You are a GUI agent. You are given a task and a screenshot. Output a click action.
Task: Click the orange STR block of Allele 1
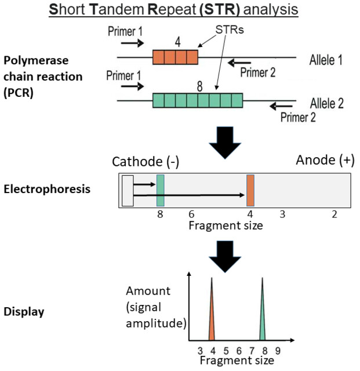(x=175, y=57)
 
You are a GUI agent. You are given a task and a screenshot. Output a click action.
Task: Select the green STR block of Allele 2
(x=198, y=100)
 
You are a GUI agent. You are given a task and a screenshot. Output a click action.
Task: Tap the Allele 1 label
(x=326, y=60)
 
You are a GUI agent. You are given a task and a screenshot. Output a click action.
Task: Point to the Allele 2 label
(x=326, y=103)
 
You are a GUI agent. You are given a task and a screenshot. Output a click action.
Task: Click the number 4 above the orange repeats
(x=178, y=42)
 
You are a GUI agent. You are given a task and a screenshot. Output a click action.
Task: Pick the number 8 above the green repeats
(x=200, y=86)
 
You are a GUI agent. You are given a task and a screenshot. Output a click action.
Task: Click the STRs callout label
(x=230, y=30)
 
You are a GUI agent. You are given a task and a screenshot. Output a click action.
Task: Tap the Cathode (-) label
(x=146, y=162)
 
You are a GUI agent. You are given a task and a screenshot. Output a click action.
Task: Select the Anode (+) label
(x=325, y=160)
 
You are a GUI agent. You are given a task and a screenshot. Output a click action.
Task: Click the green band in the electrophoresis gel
(x=160, y=191)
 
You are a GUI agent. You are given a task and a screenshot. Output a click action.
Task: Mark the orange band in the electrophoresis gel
(x=250, y=191)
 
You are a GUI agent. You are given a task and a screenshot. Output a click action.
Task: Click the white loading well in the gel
(x=128, y=191)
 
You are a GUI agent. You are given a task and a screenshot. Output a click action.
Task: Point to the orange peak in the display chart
(x=212, y=309)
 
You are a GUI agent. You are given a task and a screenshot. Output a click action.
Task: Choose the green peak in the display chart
(x=262, y=309)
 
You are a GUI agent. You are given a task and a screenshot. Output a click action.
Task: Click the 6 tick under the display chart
(x=239, y=351)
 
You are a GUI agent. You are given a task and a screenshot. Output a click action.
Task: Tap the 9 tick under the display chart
(x=278, y=351)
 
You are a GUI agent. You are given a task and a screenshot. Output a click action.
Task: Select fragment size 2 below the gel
(x=334, y=214)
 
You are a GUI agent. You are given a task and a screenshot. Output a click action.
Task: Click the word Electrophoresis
(x=47, y=190)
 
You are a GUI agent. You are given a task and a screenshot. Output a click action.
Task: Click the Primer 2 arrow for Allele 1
(x=239, y=63)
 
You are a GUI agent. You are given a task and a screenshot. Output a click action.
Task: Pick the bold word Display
(x=24, y=312)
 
